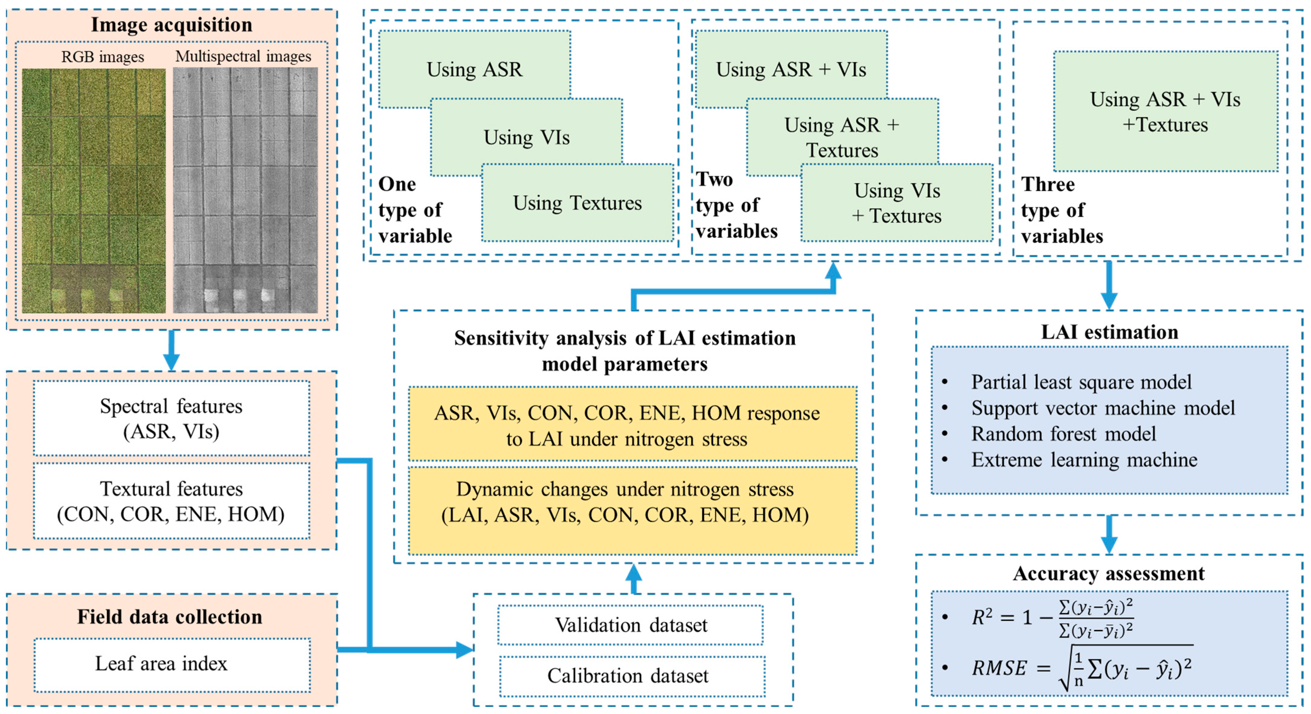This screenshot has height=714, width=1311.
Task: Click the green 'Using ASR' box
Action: point(474,69)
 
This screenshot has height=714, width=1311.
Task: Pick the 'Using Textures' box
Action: point(577,203)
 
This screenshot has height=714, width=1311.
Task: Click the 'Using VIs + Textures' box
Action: point(897,203)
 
